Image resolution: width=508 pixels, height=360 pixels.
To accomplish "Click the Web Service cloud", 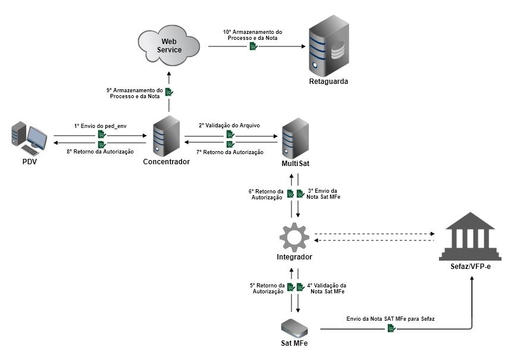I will (169, 45).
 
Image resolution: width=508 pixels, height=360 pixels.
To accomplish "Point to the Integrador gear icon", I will (294, 236).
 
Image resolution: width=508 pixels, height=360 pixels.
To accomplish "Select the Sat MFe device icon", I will (294, 327).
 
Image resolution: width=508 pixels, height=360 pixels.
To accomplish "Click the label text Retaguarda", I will (328, 82).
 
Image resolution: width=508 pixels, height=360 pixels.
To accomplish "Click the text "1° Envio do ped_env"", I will (101, 126).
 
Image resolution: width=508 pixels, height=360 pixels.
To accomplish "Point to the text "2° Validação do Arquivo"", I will (229, 126).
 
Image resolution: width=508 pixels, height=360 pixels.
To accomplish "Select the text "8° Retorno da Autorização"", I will (101, 152).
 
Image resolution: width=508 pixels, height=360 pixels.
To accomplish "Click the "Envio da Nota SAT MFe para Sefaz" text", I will (390, 319).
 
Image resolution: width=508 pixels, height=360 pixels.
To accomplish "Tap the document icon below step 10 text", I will (253, 46).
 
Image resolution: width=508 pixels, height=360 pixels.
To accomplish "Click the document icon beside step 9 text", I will (169, 92).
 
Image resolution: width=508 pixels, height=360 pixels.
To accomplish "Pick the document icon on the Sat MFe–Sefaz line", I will (391, 328).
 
